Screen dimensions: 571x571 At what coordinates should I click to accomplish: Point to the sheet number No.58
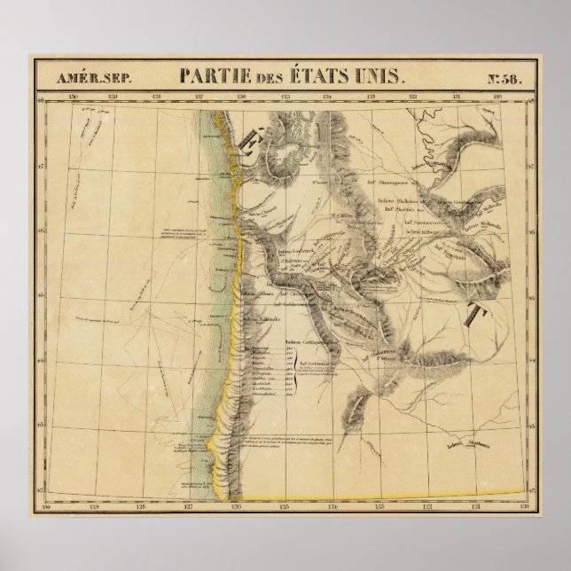(508, 77)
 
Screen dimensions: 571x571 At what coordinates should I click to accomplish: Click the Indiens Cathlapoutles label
(306, 340)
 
